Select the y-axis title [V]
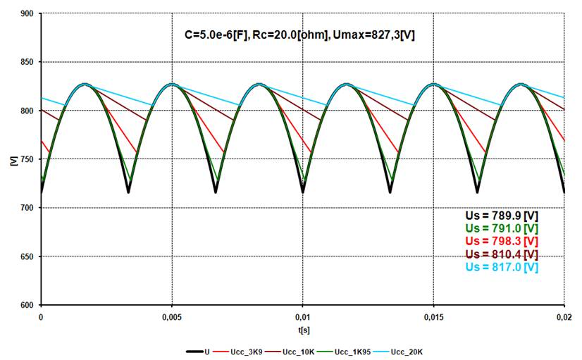[13, 160]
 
